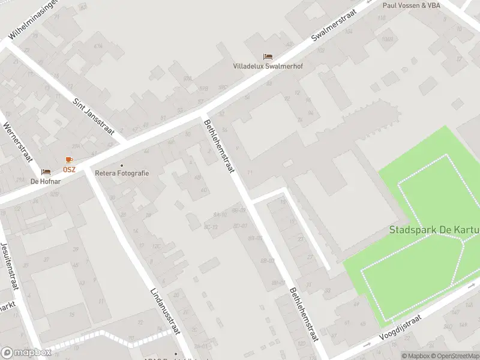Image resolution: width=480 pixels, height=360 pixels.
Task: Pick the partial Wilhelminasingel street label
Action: point(34,19)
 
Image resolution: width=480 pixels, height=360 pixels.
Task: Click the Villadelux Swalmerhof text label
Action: point(268,67)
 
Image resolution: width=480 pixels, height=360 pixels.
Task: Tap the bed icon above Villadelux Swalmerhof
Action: point(268,57)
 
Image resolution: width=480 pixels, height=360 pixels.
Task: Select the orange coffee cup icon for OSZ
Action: point(69,160)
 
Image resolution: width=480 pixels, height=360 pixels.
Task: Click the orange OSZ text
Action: point(70,169)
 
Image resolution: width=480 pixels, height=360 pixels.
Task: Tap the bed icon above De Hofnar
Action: point(46,172)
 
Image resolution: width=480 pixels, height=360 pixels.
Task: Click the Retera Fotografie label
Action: point(122,173)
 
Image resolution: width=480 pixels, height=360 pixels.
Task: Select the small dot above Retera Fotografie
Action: point(122,166)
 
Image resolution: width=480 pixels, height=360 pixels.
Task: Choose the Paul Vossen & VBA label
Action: point(412,5)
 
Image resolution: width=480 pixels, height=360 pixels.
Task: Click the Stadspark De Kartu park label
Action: point(434,230)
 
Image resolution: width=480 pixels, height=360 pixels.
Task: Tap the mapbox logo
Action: point(26,353)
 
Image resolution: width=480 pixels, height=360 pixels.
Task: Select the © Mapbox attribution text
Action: point(416,356)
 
